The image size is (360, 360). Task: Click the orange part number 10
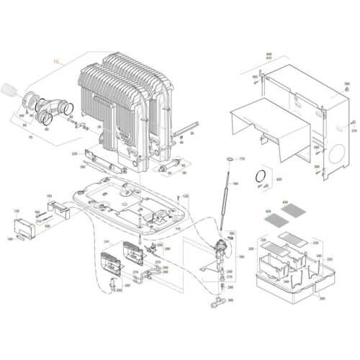(x=56, y=61)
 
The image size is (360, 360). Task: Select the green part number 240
(x=107, y=242)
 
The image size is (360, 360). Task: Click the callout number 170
(x=242, y=158)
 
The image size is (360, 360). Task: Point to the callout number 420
(x=280, y=179)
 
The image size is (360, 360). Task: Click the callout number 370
(x=353, y=132)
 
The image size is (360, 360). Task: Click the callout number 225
(x=74, y=153)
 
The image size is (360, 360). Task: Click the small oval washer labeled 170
(x=229, y=158)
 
